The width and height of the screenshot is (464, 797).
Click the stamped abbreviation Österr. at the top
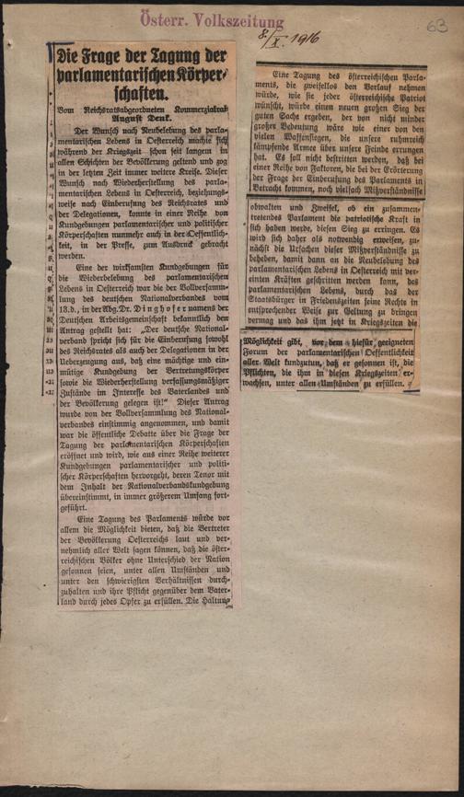(160, 11)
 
